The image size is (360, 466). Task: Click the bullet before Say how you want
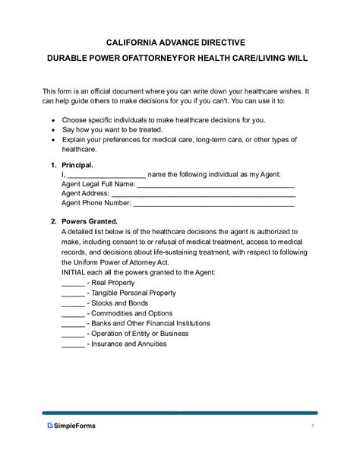pyautogui.click(x=52, y=131)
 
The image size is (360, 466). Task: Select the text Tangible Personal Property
pyautogui.click(x=135, y=293)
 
